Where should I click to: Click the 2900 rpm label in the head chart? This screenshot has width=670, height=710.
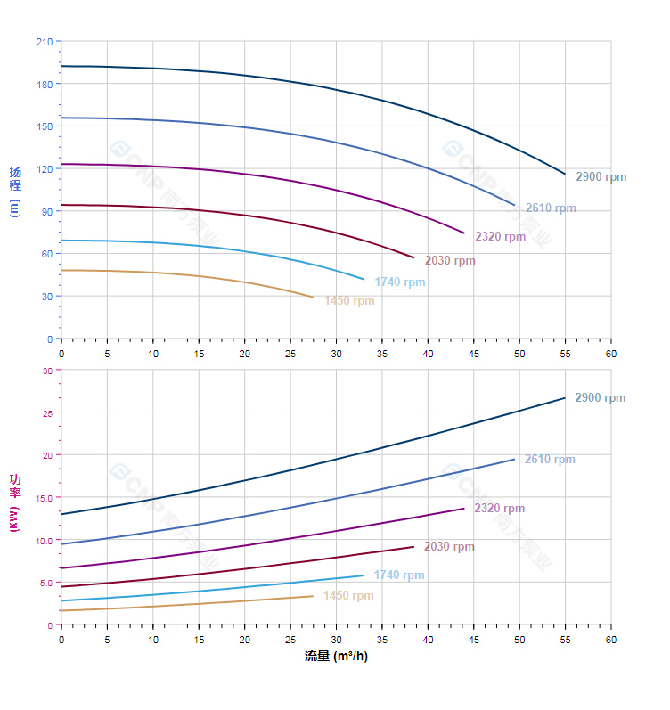(601, 176)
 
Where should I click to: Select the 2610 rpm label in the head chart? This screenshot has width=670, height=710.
(551, 208)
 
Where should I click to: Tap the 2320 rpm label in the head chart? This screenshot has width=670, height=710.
(500, 236)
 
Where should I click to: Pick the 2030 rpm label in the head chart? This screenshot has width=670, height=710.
(450, 261)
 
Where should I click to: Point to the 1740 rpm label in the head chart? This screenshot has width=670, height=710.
(400, 282)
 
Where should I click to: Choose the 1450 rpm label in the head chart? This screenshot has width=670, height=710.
(349, 301)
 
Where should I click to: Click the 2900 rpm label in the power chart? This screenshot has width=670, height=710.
(600, 398)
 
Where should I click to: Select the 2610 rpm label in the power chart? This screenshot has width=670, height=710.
(550, 460)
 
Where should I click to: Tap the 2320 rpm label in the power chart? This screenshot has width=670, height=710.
(499, 509)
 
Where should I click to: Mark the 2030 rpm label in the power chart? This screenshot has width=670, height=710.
(449, 547)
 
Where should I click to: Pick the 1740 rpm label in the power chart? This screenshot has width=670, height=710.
(399, 575)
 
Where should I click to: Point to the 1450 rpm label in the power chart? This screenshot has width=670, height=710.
(348, 596)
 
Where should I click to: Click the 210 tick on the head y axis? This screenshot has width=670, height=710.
(44, 42)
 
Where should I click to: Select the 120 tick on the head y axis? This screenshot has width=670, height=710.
(44, 169)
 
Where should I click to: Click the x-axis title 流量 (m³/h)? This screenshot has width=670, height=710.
(336, 657)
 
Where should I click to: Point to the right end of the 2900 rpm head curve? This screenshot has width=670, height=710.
(565, 174)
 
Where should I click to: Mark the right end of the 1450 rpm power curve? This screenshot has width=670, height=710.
(313, 596)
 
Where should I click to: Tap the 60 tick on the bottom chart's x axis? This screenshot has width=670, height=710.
(611, 640)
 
